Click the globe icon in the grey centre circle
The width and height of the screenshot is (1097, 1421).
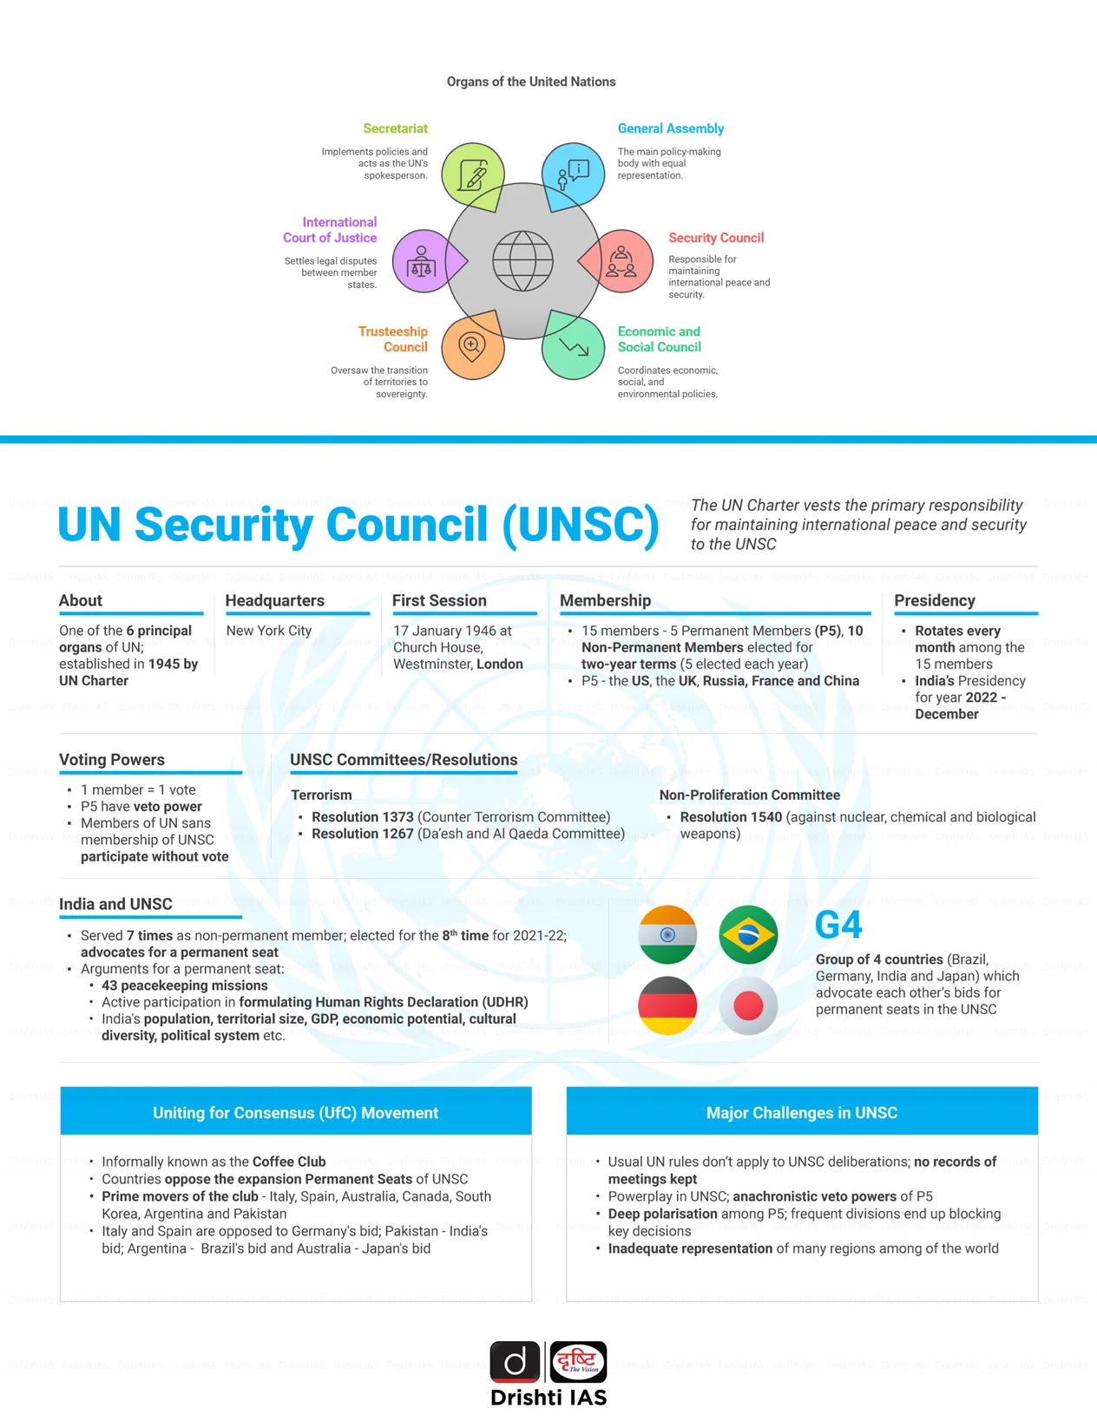pos(522,260)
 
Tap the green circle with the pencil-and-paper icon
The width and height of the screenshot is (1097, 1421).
pos(472,174)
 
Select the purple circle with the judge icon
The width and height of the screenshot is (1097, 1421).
pos(422,260)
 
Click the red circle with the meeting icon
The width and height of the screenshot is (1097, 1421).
pos(621,260)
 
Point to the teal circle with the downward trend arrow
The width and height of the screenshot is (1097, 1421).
pos(574,347)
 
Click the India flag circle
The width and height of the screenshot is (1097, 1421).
pos(667,935)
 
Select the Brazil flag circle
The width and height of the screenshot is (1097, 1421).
pos(748,935)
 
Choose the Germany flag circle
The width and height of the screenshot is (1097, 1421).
pos(667,1005)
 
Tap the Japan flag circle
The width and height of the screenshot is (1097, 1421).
pos(748,1005)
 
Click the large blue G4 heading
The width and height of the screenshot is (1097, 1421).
pos(838,926)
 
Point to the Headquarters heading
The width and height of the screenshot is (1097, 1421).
pos(274,600)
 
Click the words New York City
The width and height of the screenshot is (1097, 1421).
pos(269,631)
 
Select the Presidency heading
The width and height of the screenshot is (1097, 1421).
pos(935,600)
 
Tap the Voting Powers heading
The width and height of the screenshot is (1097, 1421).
pos(112,760)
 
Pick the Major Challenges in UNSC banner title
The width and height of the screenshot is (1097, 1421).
pos(802,1113)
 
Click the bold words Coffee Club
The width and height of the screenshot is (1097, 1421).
pos(289,1162)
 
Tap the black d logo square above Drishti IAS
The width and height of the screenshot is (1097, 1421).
pos(516,1362)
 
